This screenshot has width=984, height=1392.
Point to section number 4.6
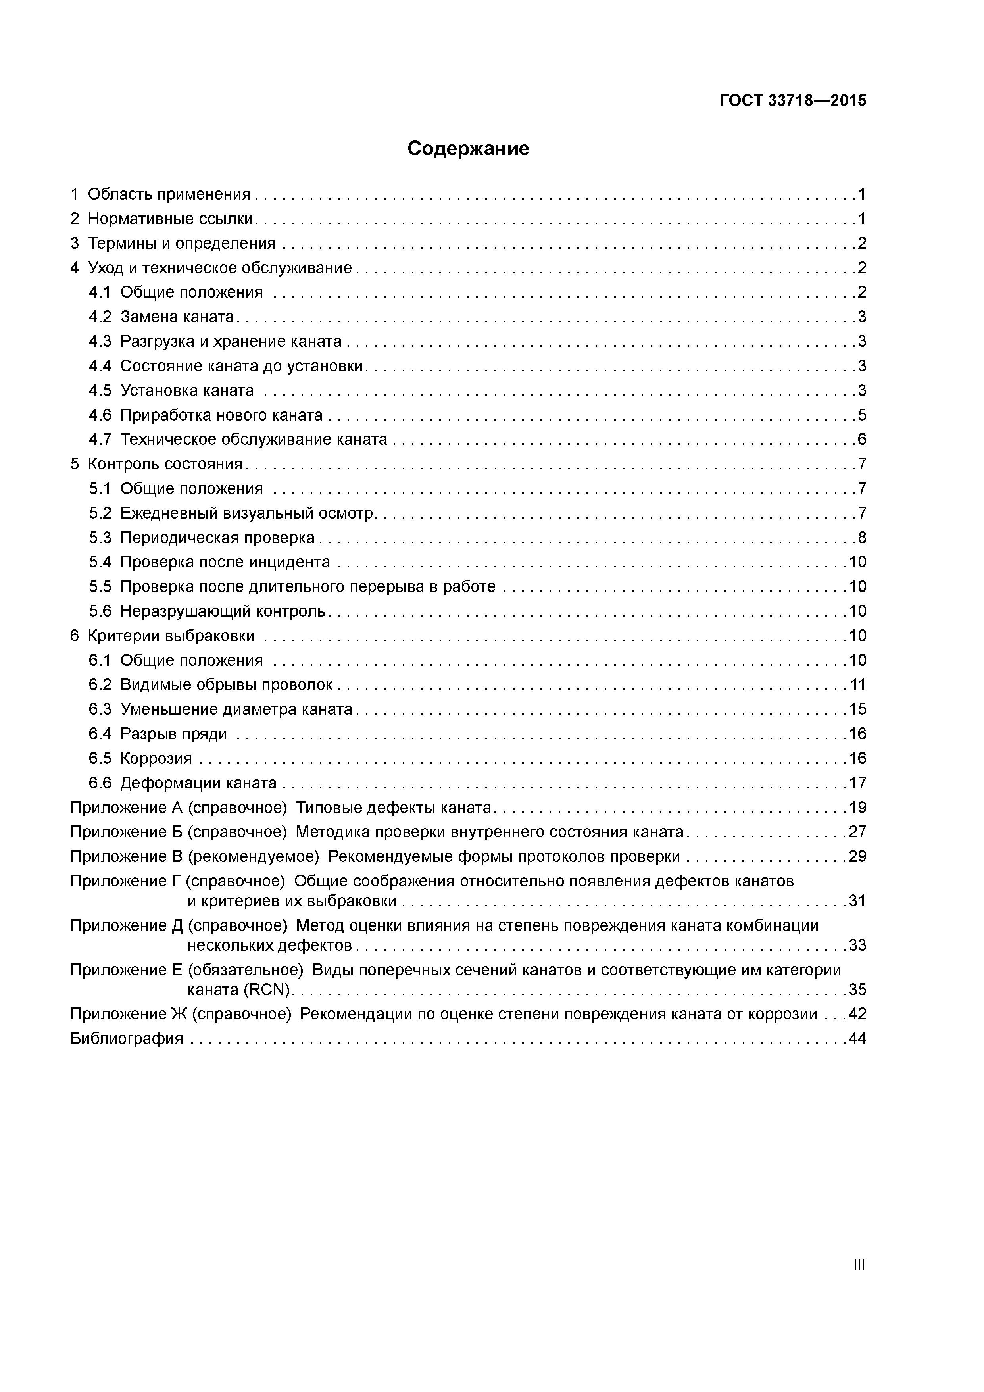click(100, 415)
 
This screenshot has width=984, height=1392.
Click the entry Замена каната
click(177, 317)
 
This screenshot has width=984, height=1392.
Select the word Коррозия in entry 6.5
click(156, 758)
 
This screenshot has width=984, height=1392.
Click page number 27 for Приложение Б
click(857, 832)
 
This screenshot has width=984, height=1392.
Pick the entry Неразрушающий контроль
click(223, 611)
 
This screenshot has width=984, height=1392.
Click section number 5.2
click(100, 513)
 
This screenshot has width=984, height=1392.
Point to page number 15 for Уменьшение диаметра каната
click(857, 709)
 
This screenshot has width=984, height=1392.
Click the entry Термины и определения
click(181, 244)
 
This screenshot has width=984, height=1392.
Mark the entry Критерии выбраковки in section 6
click(171, 636)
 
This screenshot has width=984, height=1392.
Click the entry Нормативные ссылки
click(170, 219)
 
